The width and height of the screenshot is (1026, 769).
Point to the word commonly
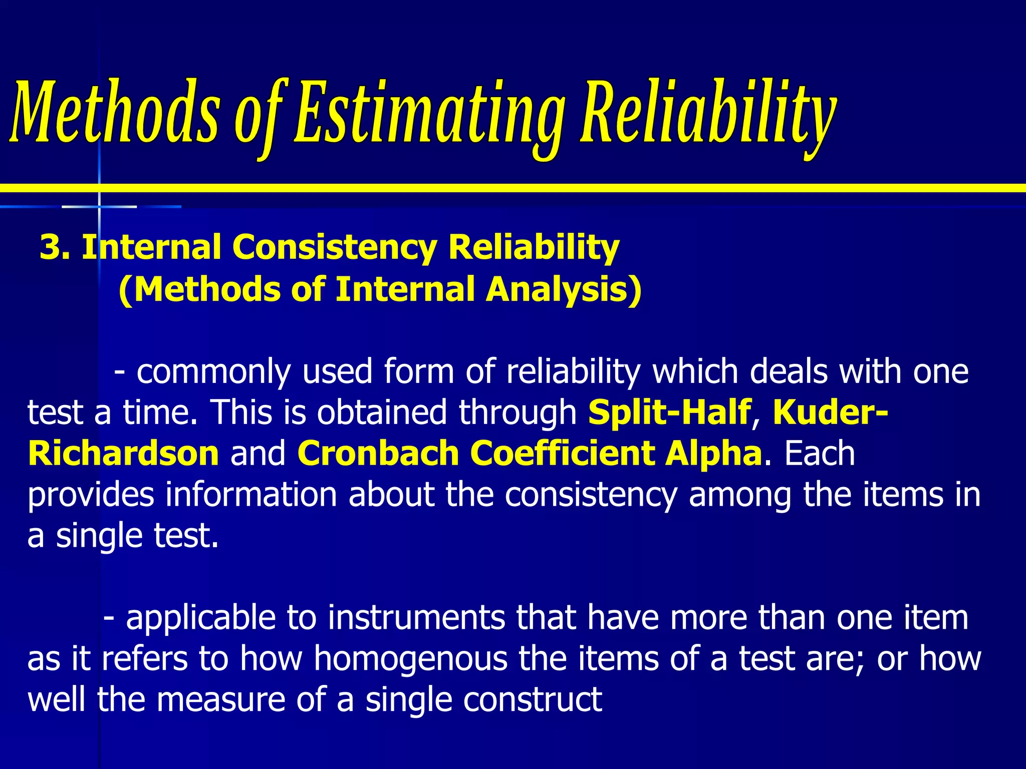click(213, 372)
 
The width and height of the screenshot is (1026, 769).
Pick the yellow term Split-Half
click(669, 413)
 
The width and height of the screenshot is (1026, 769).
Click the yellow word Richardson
click(123, 454)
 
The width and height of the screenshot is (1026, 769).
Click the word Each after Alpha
click(820, 454)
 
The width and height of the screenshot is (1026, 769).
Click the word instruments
click(416, 618)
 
